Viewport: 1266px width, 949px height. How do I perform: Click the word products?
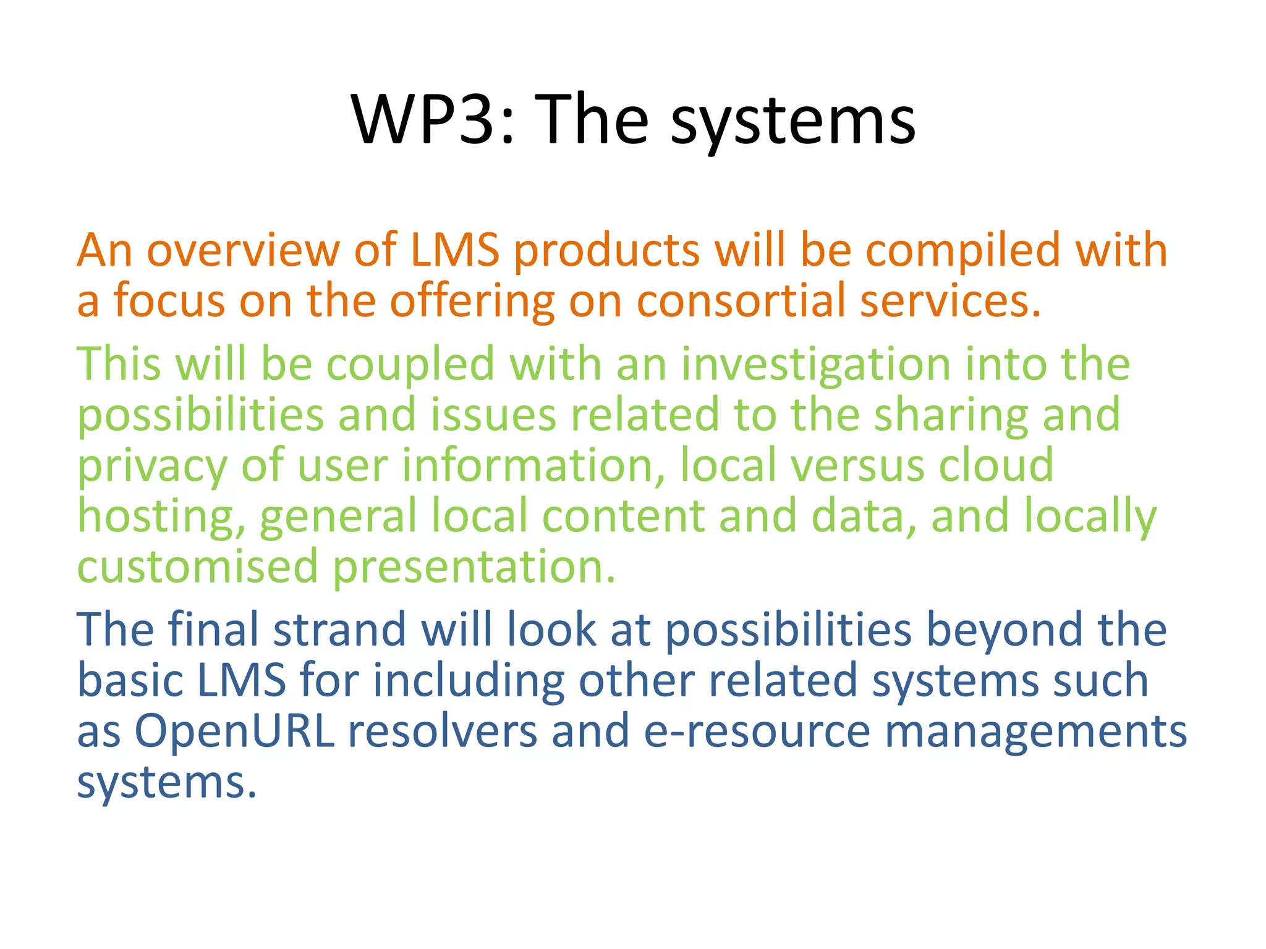606,251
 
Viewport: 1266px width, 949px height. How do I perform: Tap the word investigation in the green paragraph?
816,365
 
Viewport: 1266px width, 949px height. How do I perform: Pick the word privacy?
152,467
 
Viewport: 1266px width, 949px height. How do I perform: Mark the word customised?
197,567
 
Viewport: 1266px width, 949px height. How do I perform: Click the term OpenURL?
234,732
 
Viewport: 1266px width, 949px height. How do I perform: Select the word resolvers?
443,732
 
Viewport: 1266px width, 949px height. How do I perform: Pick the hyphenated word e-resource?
757,732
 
